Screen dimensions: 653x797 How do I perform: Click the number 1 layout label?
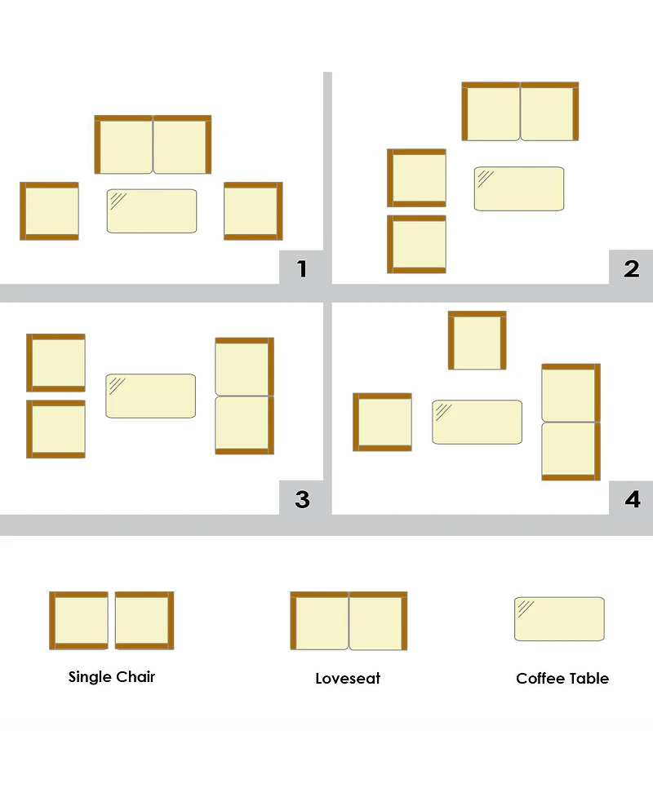tap(302, 268)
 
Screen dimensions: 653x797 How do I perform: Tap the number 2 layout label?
tap(631, 268)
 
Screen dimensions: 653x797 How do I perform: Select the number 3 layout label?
tap(302, 499)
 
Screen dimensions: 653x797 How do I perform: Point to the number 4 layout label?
tap(632, 499)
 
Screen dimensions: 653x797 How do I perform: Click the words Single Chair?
tap(111, 677)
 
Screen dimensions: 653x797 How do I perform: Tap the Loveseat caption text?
tap(348, 678)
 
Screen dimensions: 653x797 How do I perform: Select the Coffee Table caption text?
tap(562, 678)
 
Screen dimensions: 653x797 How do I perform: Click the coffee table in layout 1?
tap(152, 211)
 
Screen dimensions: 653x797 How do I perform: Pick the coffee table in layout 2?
tap(519, 188)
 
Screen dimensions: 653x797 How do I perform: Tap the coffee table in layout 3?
tap(150, 396)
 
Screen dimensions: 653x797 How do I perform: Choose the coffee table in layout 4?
tap(477, 422)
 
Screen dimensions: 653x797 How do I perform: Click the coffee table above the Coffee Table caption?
tap(559, 619)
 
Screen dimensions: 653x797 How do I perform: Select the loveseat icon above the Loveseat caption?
tap(349, 621)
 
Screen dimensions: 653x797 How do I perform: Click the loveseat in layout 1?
tap(153, 144)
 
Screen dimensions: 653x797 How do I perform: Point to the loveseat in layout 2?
tap(520, 111)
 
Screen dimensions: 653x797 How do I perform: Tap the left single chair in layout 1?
tap(49, 211)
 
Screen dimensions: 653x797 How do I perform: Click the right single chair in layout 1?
tap(253, 211)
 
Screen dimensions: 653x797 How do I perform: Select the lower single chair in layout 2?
tap(416, 245)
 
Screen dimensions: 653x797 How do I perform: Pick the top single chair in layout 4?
tap(477, 340)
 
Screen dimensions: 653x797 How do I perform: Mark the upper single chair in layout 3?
tap(56, 363)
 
